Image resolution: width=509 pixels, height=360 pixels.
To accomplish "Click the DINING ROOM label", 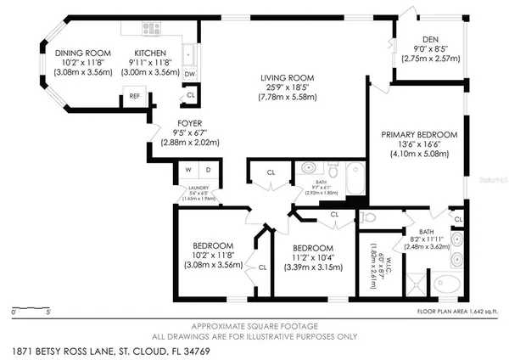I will pos(83,53).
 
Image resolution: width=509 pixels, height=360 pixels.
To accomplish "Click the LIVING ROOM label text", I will pos(284,78).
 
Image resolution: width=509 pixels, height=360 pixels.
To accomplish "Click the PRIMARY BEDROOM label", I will pos(418,134).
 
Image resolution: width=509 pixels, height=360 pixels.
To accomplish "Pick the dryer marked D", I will pos(208,170).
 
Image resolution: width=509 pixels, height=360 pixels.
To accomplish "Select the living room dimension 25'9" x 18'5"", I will pos(284,88).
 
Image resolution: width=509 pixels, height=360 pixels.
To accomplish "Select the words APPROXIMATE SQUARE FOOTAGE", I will pos(254,326).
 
